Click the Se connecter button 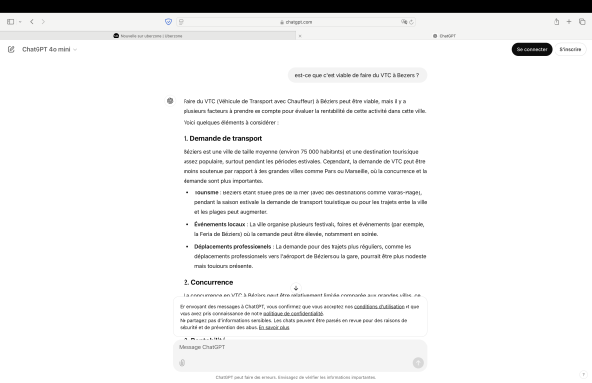coord(532,49)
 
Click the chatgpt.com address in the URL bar coord(296,21)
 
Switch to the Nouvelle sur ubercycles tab coord(148,35)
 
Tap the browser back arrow coord(31,21)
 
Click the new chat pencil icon coord(11,49)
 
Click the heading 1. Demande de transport coord(223,138)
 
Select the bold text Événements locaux coord(219,223)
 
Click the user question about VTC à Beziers coord(357,75)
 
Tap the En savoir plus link coord(274,326)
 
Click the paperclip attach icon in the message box coord(182,362)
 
